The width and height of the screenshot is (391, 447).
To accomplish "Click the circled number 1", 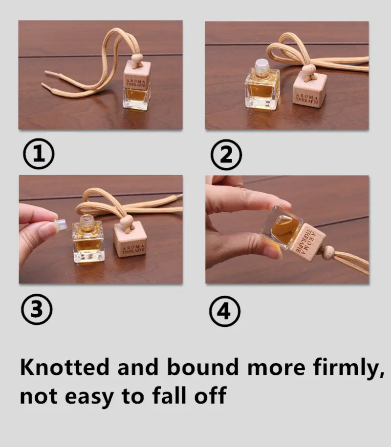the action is tap(39, 154).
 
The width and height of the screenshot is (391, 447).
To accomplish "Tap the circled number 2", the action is tap(226, 155).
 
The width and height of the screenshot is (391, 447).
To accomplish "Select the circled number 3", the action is tap(37, 309).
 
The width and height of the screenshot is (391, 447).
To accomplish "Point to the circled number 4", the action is tap(225, 311).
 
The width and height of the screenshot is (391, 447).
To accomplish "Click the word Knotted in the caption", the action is tap(65, 367).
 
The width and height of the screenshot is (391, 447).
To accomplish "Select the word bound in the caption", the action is tap(203, 367).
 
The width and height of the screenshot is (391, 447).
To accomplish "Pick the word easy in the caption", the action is tap(89, 397).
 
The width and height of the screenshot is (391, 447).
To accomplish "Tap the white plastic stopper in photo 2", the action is tap(262, 64).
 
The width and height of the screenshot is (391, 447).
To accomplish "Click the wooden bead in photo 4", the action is tap(328, 251).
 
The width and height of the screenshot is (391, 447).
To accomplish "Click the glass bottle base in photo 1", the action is tap(136, 99).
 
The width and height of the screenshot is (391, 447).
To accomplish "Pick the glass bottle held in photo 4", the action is tap(282, 227).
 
